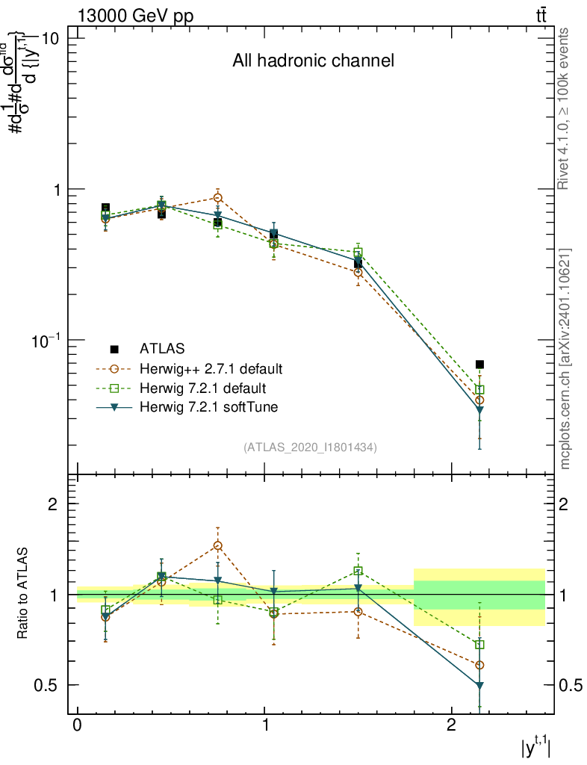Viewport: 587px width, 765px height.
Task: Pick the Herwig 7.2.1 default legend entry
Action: (202, 388)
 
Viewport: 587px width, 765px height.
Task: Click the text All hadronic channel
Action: (313, 61)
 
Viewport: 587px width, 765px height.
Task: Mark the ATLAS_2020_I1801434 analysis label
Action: (310, 447)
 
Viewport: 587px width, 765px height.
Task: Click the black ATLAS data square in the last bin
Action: (479, 365)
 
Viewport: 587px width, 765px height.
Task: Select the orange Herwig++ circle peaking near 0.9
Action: (217, 198)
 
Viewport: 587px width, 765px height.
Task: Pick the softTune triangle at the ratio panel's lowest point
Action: (479, 685)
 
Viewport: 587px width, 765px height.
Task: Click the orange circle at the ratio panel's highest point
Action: (217, 545)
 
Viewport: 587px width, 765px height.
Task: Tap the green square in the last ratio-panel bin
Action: (479, 644)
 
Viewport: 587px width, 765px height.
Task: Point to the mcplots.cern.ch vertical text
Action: (565, 359)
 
